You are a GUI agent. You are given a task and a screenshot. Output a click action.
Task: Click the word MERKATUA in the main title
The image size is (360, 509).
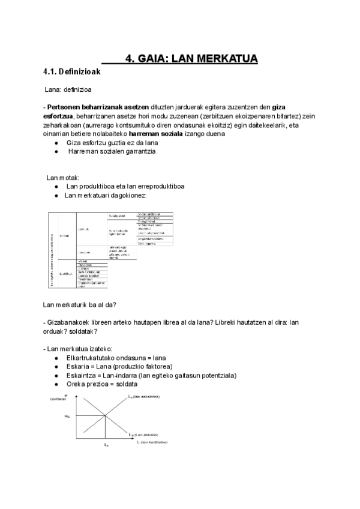pos(222,58)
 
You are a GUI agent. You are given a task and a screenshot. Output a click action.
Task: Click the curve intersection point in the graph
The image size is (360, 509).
pos(106,415)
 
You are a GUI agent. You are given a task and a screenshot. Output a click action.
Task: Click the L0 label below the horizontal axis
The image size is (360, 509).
pos(106,445)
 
